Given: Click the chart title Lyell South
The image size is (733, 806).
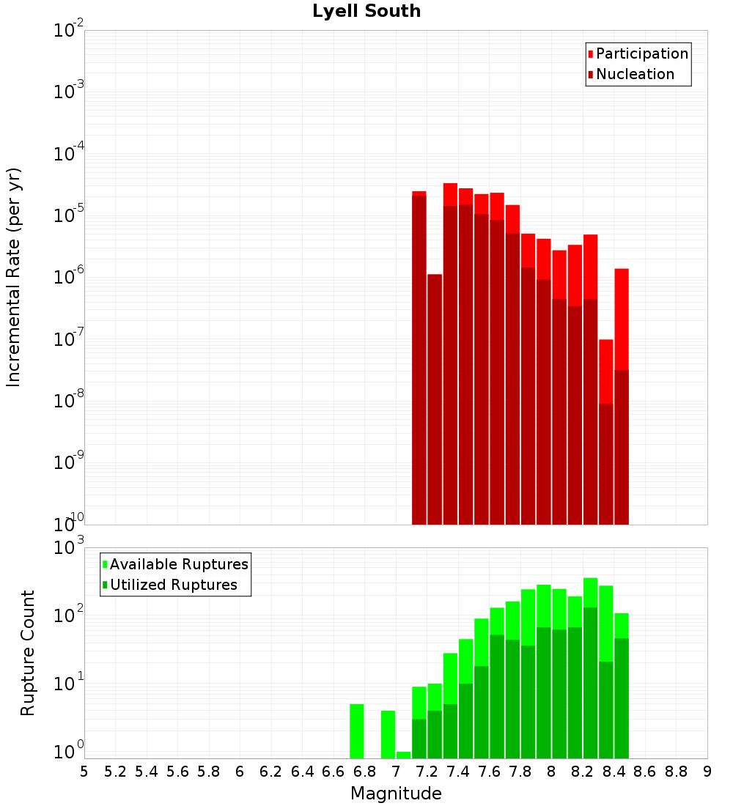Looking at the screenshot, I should coord(366,11).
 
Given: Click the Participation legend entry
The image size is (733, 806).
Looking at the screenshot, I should coord(641,53).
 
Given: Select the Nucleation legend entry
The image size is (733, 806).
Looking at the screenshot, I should coord(634,74).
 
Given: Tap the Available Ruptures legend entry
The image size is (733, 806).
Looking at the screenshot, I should coord(178,564).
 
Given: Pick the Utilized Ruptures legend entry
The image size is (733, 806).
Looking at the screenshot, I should coord(173,585).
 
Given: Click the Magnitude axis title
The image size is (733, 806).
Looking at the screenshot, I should coord(396,794).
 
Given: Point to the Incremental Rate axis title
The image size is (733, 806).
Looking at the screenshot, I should coord(14,278).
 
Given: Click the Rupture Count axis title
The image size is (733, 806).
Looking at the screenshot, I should coord(28,653).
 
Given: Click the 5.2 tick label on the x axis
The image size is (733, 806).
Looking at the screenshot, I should coord(115,772).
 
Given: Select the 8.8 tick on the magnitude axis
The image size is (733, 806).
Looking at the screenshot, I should coord(676,772).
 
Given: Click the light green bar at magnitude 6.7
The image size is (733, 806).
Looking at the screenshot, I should coord(357,731).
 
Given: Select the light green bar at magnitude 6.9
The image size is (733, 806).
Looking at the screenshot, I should coord(388,734).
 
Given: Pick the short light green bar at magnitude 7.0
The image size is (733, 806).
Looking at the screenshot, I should coord(403,755).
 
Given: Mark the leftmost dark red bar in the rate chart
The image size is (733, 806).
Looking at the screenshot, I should coord(419,359).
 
